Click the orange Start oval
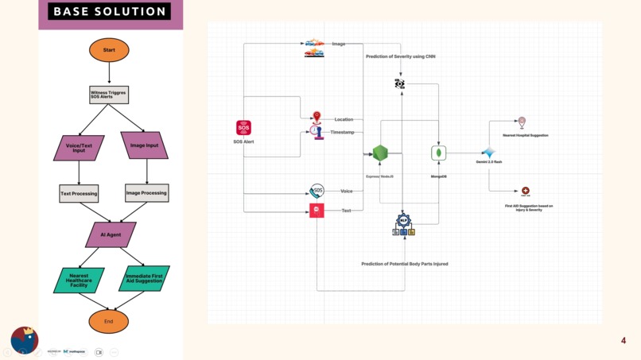pos(109,50)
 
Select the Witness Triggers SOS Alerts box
pos(109,95)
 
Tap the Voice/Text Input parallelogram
pos(79,147)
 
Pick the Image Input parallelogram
pos(144,145)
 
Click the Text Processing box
pos(79,193)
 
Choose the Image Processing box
pos(146,192)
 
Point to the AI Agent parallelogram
pos(111,234)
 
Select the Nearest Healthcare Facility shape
pos(80,280)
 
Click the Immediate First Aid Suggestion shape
pos(144,279)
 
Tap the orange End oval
pos(109,321)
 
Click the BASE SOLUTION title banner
pos(109,12)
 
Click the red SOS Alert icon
pos(243,128)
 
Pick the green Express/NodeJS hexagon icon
pos(380,153)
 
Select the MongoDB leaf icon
pos(438,153)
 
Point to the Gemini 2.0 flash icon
pos(488,152)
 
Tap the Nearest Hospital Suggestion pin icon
pos(522,122)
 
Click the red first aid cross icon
pos(526,192)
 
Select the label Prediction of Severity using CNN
pos(400,56)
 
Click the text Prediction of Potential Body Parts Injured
pos(404,264)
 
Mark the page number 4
pos(624,341)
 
